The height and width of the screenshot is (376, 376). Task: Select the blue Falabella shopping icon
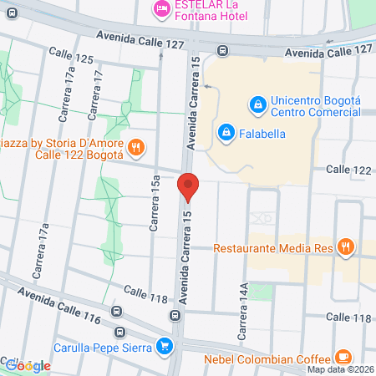click(226, 132)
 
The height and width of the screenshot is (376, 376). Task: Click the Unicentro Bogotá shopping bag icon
click(257, 105)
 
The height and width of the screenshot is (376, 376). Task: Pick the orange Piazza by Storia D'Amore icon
click(138, 149)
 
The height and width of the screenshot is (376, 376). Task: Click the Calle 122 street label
click(348, 170)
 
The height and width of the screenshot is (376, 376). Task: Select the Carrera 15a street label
click(155, 208)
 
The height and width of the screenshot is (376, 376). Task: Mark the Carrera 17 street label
click(98, 93)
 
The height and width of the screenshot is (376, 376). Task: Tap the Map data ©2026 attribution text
click(339, 370)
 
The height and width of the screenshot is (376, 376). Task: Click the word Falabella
click(265, 132)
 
